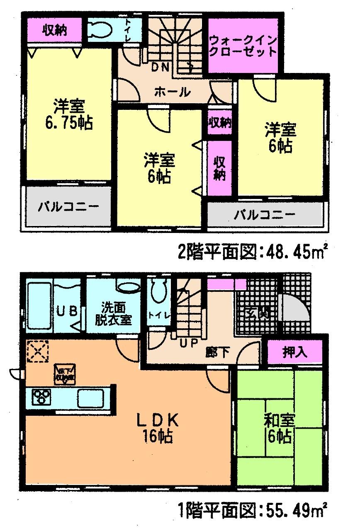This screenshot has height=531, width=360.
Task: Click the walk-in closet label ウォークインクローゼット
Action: (x=243, y=46)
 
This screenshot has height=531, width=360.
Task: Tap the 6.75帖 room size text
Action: (x=69, y=123)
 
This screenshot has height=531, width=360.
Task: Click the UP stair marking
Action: (x=188, y=342)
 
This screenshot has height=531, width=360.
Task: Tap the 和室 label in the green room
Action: (x=279, y=421)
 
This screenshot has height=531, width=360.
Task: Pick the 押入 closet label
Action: (x=295, y=352)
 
